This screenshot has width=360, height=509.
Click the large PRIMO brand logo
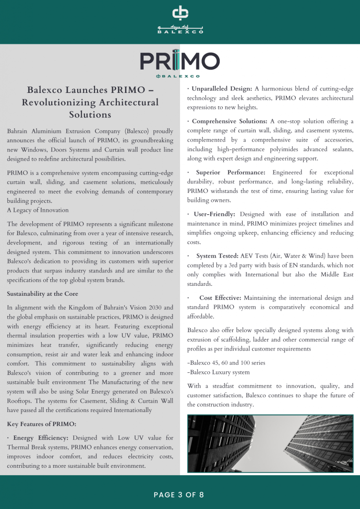click(180, 61)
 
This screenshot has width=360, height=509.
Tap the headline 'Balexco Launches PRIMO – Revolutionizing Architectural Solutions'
click(90, 102)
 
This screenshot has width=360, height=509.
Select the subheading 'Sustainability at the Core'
click(42, 294)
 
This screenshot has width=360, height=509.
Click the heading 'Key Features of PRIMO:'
click(41, 424)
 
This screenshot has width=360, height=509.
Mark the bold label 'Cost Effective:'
click(220, 298)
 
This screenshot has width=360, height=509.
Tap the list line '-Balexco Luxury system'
click(218, 372)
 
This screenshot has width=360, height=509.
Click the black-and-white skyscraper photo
click(270, 443)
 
